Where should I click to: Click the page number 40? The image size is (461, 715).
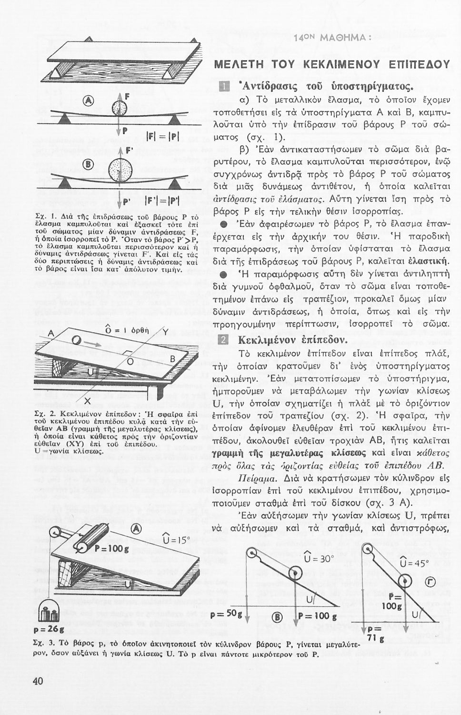tap(38, 681)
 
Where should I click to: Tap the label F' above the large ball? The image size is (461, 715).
tap(127, 151)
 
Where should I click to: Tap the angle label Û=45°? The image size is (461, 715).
tap(414, 563)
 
